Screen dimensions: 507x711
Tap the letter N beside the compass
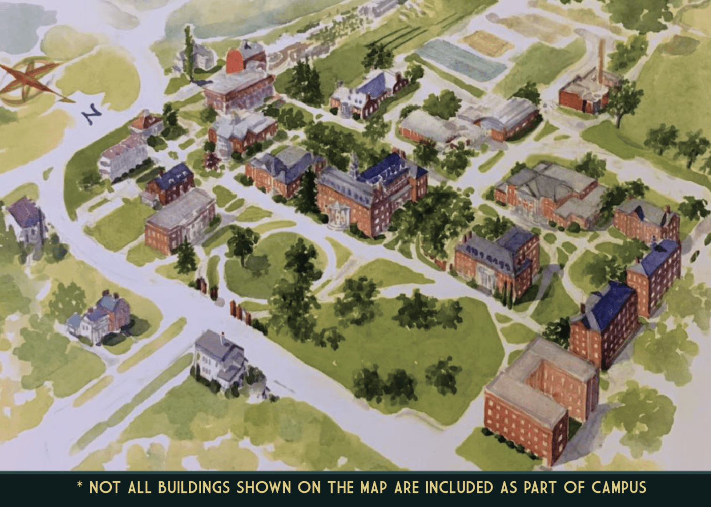click(x=93, y=114)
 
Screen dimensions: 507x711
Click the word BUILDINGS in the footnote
click(x=194, y=488)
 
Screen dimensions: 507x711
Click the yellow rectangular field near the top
click(x=486, y=42)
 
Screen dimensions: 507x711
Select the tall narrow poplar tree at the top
click(x=189, y=52)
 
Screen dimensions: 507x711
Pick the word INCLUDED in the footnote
click(x=459, y=488)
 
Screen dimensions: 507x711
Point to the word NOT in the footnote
click(x=105, y=488)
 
